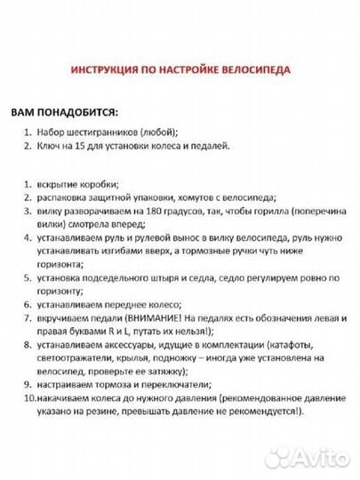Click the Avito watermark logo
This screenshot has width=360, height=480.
319,458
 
